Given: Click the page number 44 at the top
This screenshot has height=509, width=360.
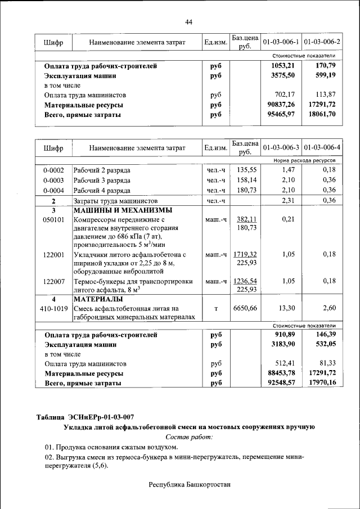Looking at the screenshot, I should pos(189,22).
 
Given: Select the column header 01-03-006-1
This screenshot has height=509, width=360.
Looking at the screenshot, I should pos(281,42).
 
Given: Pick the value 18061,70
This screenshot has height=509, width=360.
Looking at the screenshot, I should pos(322,114).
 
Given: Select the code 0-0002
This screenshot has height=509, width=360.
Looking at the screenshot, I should pos(53,170).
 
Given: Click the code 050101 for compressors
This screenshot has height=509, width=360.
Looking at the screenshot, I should pos(53,219).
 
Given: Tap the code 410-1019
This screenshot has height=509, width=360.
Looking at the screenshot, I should pos(53,308).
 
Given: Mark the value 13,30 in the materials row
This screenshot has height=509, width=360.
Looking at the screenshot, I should pos(287,308).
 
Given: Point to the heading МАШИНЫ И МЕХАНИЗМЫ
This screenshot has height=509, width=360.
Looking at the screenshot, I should pos(123,210).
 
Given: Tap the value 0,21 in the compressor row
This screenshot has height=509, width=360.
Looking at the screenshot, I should pos(288,219).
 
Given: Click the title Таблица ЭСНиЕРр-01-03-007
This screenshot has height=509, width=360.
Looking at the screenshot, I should pos(85,417).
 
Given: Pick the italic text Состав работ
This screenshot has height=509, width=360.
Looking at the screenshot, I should pos(189,437).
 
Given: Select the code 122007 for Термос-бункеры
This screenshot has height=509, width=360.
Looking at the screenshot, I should pos(53,281).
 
